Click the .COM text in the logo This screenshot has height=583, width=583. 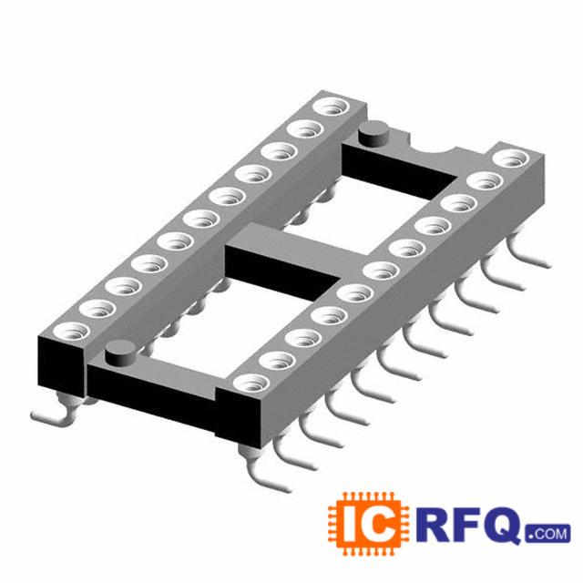(x=547, y=534)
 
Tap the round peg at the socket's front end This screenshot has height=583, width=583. (x=120, y=353)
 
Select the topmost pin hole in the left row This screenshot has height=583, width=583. (x=332, y=107)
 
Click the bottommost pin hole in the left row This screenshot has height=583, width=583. (x=72, y=332)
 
